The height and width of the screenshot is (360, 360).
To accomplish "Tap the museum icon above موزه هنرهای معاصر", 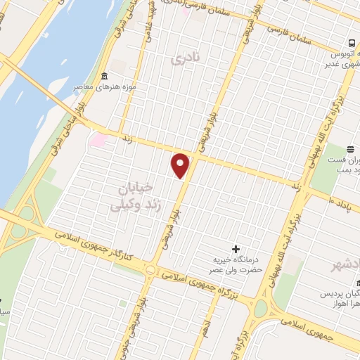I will (x=105, y=76).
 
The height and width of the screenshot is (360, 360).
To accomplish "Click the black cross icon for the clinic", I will (x=235, y=248).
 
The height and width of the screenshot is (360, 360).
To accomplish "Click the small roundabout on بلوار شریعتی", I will (x=150, y=269).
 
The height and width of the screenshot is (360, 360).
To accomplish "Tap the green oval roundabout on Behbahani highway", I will (x=262, y=308).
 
